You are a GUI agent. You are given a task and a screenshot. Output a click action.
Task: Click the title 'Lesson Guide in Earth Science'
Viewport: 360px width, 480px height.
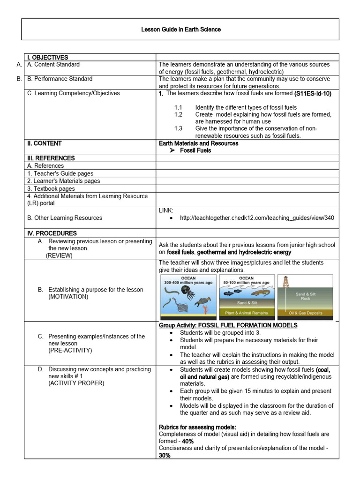[180, 30]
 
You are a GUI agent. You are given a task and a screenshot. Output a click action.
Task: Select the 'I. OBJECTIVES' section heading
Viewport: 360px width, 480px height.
[47, 57]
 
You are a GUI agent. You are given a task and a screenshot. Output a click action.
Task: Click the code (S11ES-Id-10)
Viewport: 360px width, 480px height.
[313, 93]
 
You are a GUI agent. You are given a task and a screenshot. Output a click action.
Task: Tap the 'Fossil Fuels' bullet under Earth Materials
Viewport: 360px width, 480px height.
[195, 150]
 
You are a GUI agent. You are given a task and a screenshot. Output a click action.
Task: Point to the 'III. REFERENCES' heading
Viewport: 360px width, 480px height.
[51, 158]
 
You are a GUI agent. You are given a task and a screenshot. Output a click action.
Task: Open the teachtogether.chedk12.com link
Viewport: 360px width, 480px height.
[257, 218]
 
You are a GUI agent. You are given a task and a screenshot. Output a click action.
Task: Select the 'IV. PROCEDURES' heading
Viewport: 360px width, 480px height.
[52, 233]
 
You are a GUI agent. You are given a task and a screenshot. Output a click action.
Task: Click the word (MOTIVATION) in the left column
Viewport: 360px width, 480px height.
[68, 297]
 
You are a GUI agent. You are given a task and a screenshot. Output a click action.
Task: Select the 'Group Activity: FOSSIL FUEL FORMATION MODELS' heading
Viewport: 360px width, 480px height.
[228, 325]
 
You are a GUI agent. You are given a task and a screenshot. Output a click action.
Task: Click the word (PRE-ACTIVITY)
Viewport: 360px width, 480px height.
[70, 350]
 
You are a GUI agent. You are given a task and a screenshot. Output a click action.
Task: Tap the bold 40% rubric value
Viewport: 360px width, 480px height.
[188, 441]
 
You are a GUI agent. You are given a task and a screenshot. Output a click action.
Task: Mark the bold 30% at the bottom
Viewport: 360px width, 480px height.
[164, 455]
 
